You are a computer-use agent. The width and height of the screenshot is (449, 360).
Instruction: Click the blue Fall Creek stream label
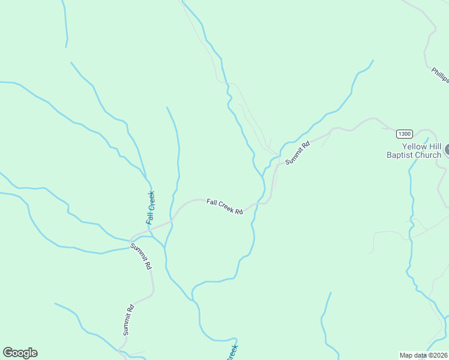click(x=151, y=208)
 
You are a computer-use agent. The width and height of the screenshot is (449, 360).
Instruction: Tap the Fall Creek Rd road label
click(x=224, y=207)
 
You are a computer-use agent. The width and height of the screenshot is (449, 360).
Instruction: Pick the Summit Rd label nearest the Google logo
click(x=127, y=320)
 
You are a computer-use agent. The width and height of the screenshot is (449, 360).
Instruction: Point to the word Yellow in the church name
click(x=414, y=146)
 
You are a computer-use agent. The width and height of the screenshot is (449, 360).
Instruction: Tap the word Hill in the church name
click(x=435, y=146)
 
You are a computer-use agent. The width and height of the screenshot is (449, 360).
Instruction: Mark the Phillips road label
click(x=440, y=74)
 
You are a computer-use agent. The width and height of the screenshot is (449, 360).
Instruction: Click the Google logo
click(x=20, y=353)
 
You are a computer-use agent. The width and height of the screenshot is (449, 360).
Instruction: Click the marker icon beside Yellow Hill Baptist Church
click(x=447, y=150)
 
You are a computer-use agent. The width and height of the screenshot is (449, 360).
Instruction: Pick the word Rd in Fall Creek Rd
click(x=238, y=211)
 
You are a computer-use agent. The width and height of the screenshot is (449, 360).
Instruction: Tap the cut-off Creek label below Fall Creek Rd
click(x=233, y=352)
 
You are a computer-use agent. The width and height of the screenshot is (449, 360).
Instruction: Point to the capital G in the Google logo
click(x=8, y=353)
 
